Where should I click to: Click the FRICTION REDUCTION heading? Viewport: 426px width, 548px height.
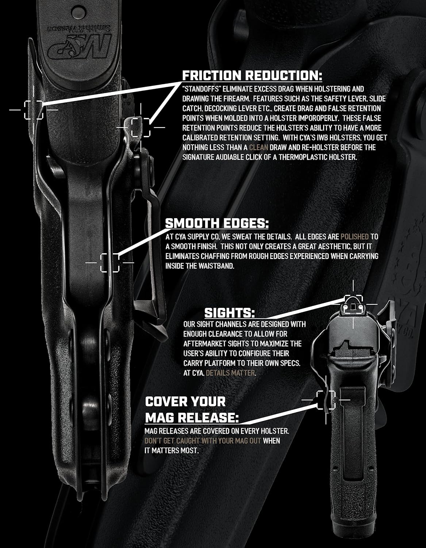252,75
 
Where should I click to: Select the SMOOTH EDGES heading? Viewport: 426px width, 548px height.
217,223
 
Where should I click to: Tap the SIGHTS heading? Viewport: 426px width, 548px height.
230,313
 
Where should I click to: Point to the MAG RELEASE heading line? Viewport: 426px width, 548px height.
192,418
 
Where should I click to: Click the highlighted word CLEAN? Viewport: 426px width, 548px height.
258,147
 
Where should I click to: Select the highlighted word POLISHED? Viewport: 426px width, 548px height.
354,236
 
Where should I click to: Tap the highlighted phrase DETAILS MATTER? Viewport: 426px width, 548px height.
230,373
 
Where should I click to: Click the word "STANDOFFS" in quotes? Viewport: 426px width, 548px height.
202,89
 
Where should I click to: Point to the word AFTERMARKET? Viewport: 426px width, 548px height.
204,344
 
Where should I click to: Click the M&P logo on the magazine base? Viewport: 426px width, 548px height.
80,47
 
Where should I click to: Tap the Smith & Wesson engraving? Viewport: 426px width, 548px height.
79,28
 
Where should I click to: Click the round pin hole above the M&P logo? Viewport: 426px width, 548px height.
78,11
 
